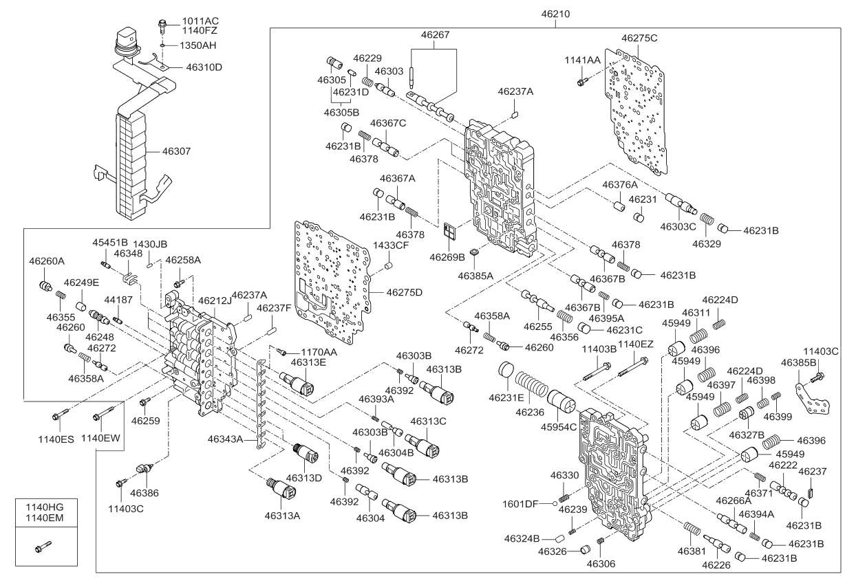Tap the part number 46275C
point(639,38)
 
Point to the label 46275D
point(404,292)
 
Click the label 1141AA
point(583,60)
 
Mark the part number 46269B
point(448,257)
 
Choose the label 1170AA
point(318,351)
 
